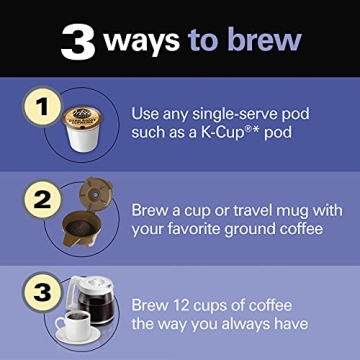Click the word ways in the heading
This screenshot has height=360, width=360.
pyautogui.click(x=138, y=41)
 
